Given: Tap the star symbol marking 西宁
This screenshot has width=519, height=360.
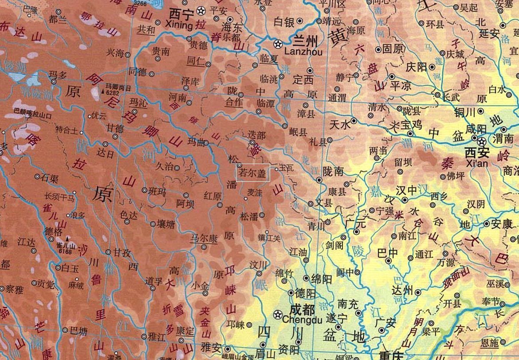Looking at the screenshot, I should tap(201, 10).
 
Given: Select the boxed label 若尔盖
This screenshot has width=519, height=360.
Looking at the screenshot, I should tap(253, 173).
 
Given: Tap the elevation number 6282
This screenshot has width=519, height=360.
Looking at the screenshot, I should tap(112, 93).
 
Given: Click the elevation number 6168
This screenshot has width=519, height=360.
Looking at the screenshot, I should tap(65, 251).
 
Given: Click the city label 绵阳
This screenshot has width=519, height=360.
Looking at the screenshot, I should tap(322, 279).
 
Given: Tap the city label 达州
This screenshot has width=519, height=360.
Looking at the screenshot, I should tap(403, 291).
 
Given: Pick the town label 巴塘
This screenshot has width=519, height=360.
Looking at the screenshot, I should tap(79, 330).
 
